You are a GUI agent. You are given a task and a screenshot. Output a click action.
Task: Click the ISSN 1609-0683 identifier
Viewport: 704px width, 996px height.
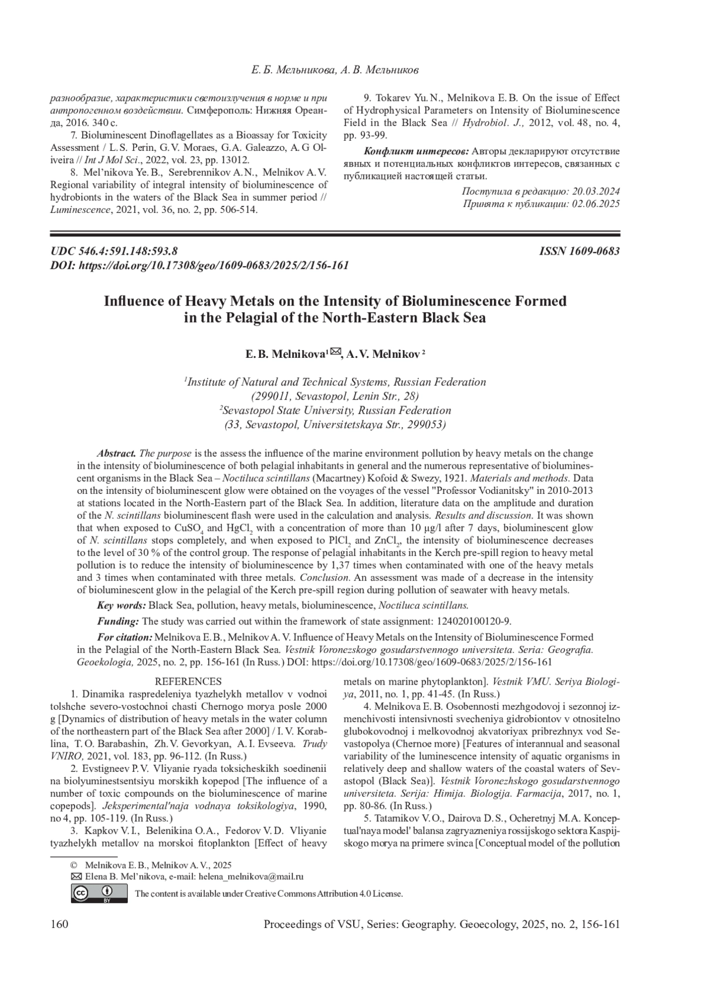coord(579,251)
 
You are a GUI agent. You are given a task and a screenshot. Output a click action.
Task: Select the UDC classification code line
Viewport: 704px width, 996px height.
coord(114,251)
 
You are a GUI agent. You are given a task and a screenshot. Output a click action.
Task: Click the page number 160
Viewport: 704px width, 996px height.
coord(60,925)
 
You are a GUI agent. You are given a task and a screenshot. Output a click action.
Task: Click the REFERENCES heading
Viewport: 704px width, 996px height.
coord(188,682)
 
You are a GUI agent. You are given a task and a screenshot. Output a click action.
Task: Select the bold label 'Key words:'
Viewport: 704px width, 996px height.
coord(121,605)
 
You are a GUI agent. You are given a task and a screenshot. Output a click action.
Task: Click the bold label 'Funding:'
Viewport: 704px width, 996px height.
coord(118,621)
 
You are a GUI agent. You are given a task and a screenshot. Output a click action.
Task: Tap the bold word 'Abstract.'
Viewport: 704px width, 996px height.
coord(117,453)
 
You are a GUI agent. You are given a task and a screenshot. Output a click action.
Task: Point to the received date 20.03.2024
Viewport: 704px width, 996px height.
coord(595,192)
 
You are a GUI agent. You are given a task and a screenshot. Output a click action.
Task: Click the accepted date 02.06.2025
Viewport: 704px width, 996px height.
coord(595,204)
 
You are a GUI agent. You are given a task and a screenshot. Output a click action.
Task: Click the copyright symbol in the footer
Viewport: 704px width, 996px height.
coord(74,865)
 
